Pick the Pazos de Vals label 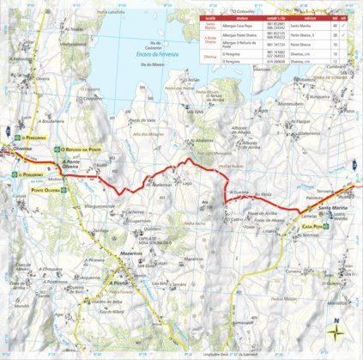tap(142, 120)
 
